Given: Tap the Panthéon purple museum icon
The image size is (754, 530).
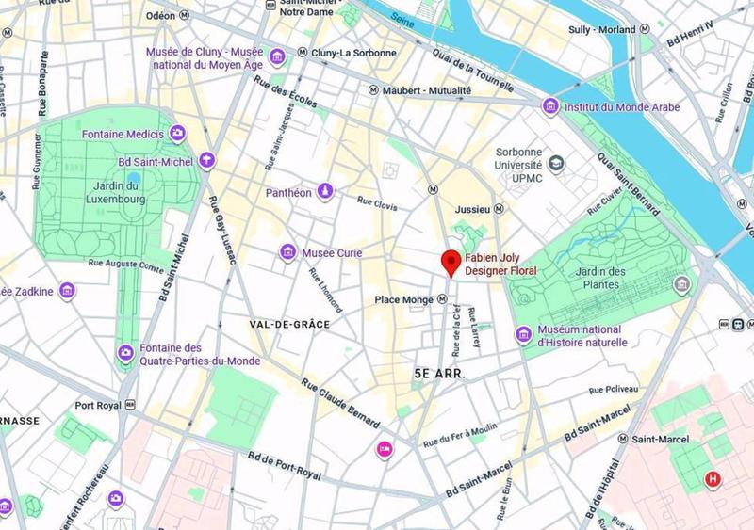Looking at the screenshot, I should (325, 191).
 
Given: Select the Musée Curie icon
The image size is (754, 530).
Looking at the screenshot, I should (287, 252).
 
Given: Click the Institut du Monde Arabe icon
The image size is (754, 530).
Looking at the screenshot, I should (549, 107).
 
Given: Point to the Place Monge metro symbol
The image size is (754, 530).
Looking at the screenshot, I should (442, 299).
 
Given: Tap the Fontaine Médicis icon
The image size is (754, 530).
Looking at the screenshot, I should (176, 135).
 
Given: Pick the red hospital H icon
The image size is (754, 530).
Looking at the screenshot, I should (713, 480).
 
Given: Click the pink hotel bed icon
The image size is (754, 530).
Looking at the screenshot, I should (384, 448).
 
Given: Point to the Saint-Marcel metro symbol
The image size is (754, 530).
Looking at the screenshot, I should (623, 439).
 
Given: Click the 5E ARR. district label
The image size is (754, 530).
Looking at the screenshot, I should (441, 374).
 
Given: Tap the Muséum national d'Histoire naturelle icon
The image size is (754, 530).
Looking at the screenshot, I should (523, 334).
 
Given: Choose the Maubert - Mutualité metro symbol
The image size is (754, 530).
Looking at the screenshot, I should (373, 90).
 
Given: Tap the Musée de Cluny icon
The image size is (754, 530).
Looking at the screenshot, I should (277, 58).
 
